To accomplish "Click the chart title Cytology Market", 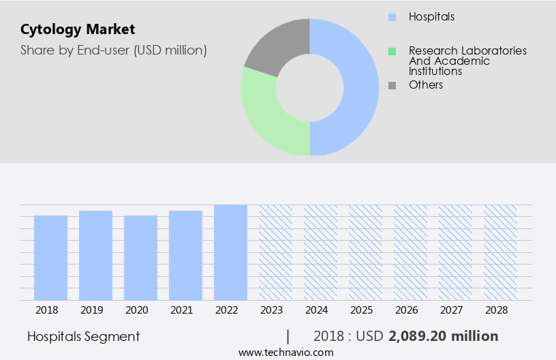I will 78,29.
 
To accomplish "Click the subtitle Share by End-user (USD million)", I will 114,50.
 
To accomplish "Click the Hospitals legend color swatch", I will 392,16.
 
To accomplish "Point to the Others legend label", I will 426,85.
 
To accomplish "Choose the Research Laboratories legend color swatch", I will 392,51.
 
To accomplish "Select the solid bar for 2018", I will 51,258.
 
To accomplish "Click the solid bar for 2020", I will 141,258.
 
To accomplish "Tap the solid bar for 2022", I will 230,252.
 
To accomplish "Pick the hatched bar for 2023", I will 275,252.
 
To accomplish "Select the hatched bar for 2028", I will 500,252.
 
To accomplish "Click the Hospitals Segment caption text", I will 84,336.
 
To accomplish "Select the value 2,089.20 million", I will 444,336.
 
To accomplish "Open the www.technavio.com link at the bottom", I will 286,352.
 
